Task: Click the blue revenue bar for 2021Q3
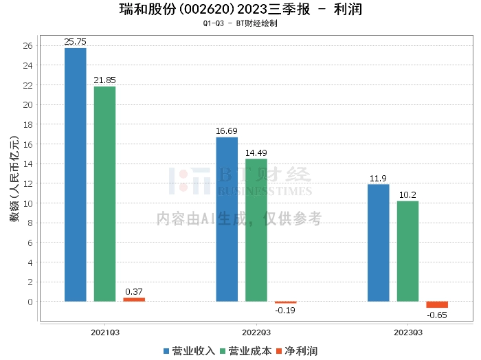pos(76,175)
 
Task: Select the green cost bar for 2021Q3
pos(104,194)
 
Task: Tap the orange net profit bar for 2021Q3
pos(134,300)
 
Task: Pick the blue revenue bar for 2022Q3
pos(227,219)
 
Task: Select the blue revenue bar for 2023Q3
pos(379,243)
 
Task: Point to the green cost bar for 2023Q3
pos(407,251)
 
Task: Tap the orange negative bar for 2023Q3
pos(437,304)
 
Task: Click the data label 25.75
pos(76,42)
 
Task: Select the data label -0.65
pos(437,315)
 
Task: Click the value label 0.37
pos(134,291)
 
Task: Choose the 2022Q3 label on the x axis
pos(256,332)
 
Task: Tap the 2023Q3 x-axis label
pos(407,332)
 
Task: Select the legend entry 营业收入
pos(190,351)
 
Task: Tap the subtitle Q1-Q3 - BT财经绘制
pos(240,23)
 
